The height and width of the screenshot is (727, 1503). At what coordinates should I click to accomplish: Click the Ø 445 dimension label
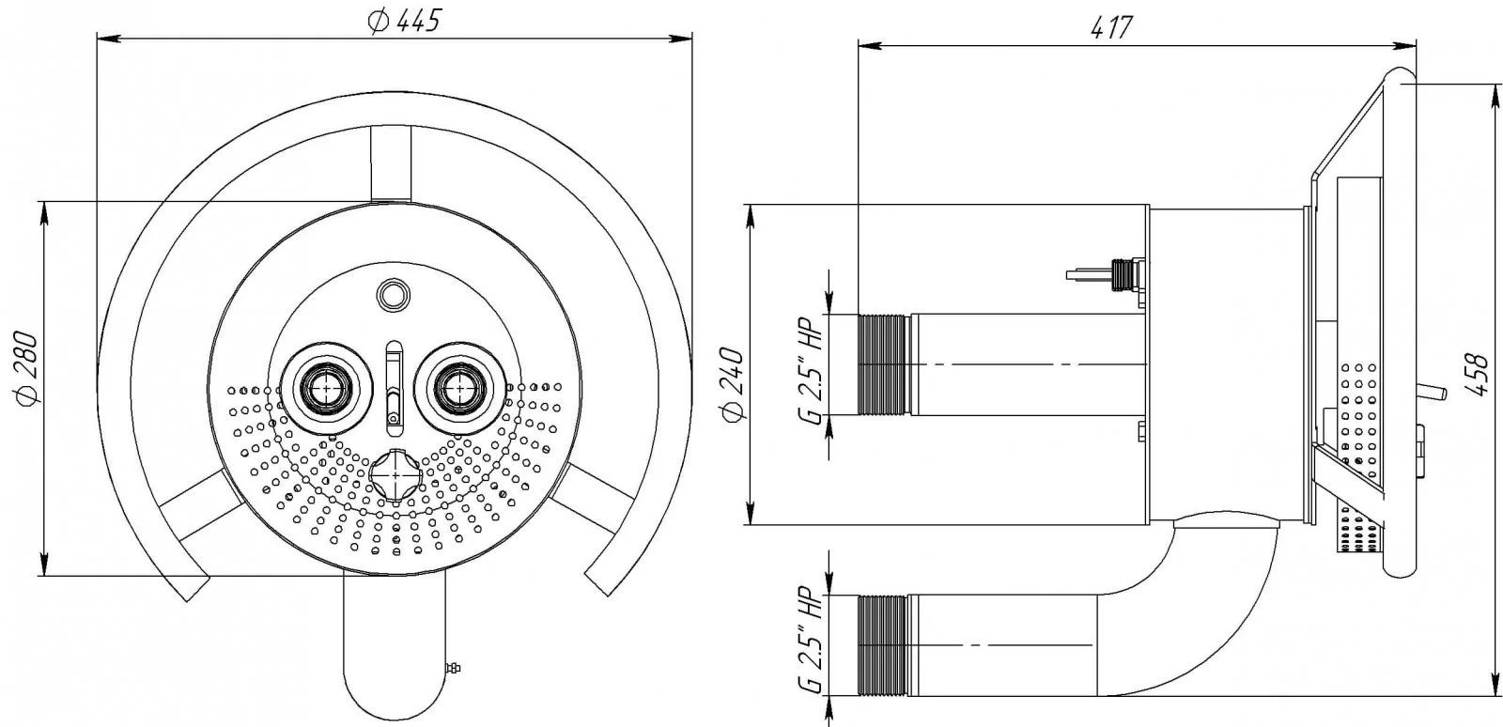404,21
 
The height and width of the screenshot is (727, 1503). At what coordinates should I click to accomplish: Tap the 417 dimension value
1111,27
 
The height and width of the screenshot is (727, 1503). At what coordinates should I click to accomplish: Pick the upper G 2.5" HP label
810,371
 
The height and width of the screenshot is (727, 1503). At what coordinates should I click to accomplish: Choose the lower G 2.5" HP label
810,642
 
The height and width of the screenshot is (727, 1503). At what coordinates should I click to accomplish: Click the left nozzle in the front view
327,388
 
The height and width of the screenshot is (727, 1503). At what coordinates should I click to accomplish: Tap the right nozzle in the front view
460,388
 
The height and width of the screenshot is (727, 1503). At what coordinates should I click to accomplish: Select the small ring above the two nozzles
394,293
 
